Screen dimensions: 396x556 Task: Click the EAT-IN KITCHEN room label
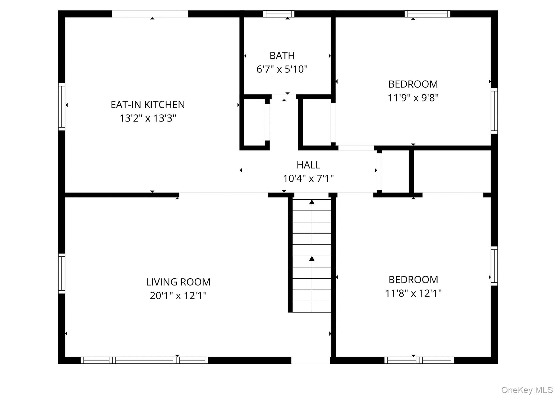(148, 104)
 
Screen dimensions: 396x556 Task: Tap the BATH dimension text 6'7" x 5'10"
(282, 69)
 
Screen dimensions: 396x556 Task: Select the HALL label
(308, 165)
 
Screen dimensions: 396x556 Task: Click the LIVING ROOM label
(178, 282)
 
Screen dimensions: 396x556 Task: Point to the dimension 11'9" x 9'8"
(413, 98)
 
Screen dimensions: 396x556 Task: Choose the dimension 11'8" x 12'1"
(413, 293)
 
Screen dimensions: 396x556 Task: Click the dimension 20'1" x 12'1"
(178, 296)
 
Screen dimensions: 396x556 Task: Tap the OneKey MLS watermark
(527, 390)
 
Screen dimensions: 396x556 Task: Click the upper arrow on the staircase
(312, 202)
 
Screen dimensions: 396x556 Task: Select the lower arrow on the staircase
(312, 259)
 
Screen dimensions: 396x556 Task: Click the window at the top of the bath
(279, 14)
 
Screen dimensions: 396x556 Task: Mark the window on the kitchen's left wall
(62, 107)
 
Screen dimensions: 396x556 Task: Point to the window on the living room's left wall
(62, 273)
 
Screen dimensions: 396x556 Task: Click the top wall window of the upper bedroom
(427, 14)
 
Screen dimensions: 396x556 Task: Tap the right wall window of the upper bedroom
(494, 111)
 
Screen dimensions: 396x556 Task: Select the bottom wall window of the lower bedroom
(419, 360)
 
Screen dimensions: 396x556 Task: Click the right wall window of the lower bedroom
(494, 266)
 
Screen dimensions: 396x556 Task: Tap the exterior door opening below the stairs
(310, 360)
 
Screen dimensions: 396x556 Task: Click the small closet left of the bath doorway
(254, 122)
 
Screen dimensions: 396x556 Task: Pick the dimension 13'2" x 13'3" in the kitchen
(148, 118)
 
